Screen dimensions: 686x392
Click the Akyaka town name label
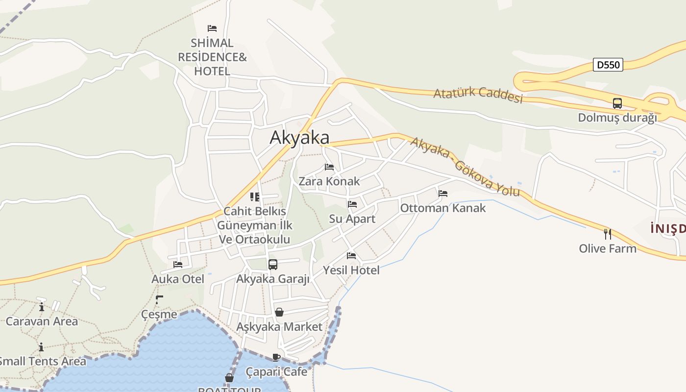299,137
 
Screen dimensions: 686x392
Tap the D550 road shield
608,65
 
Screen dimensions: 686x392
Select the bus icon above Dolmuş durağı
617,103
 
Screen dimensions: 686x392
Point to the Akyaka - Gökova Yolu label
465,167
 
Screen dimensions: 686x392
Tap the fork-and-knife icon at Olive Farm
608,234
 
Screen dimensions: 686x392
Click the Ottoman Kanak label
443,208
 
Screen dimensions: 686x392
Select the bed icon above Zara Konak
329,167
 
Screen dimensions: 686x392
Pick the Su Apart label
352,219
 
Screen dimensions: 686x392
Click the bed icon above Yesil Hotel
351,256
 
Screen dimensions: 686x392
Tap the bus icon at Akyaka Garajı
273,265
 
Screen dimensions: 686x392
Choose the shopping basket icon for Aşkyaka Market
279,312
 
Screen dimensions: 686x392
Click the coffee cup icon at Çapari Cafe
276,357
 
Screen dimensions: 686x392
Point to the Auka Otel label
178,279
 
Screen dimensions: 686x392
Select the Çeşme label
159,314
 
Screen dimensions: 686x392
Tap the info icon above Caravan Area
42,307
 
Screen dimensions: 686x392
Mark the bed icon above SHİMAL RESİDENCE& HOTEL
212,28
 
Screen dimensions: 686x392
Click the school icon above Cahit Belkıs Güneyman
255,197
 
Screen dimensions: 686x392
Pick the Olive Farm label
608,248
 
